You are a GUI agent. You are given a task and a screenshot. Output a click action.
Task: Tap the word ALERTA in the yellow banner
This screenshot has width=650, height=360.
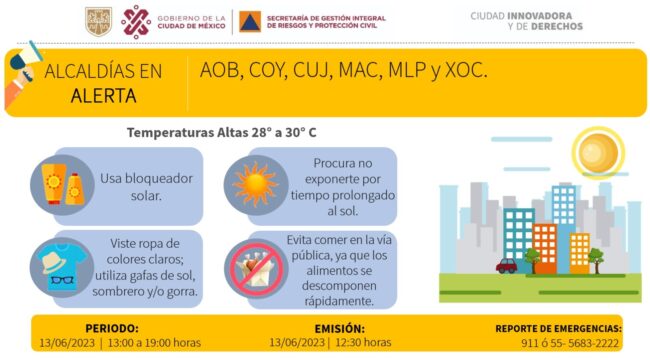[103, 96]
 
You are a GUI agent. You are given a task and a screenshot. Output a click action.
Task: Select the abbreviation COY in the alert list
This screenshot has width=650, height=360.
[265, 70]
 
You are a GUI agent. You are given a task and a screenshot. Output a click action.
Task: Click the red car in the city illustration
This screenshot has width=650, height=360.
[507, 266]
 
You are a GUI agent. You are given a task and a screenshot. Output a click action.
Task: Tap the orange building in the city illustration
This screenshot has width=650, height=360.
[545, 248]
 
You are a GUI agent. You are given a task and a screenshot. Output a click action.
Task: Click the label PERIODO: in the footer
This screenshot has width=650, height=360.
[112, 328]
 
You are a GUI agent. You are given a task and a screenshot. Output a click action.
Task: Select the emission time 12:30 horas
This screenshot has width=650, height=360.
[363, 342]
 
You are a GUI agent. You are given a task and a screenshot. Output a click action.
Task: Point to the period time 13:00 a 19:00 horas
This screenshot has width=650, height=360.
[153, 342]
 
